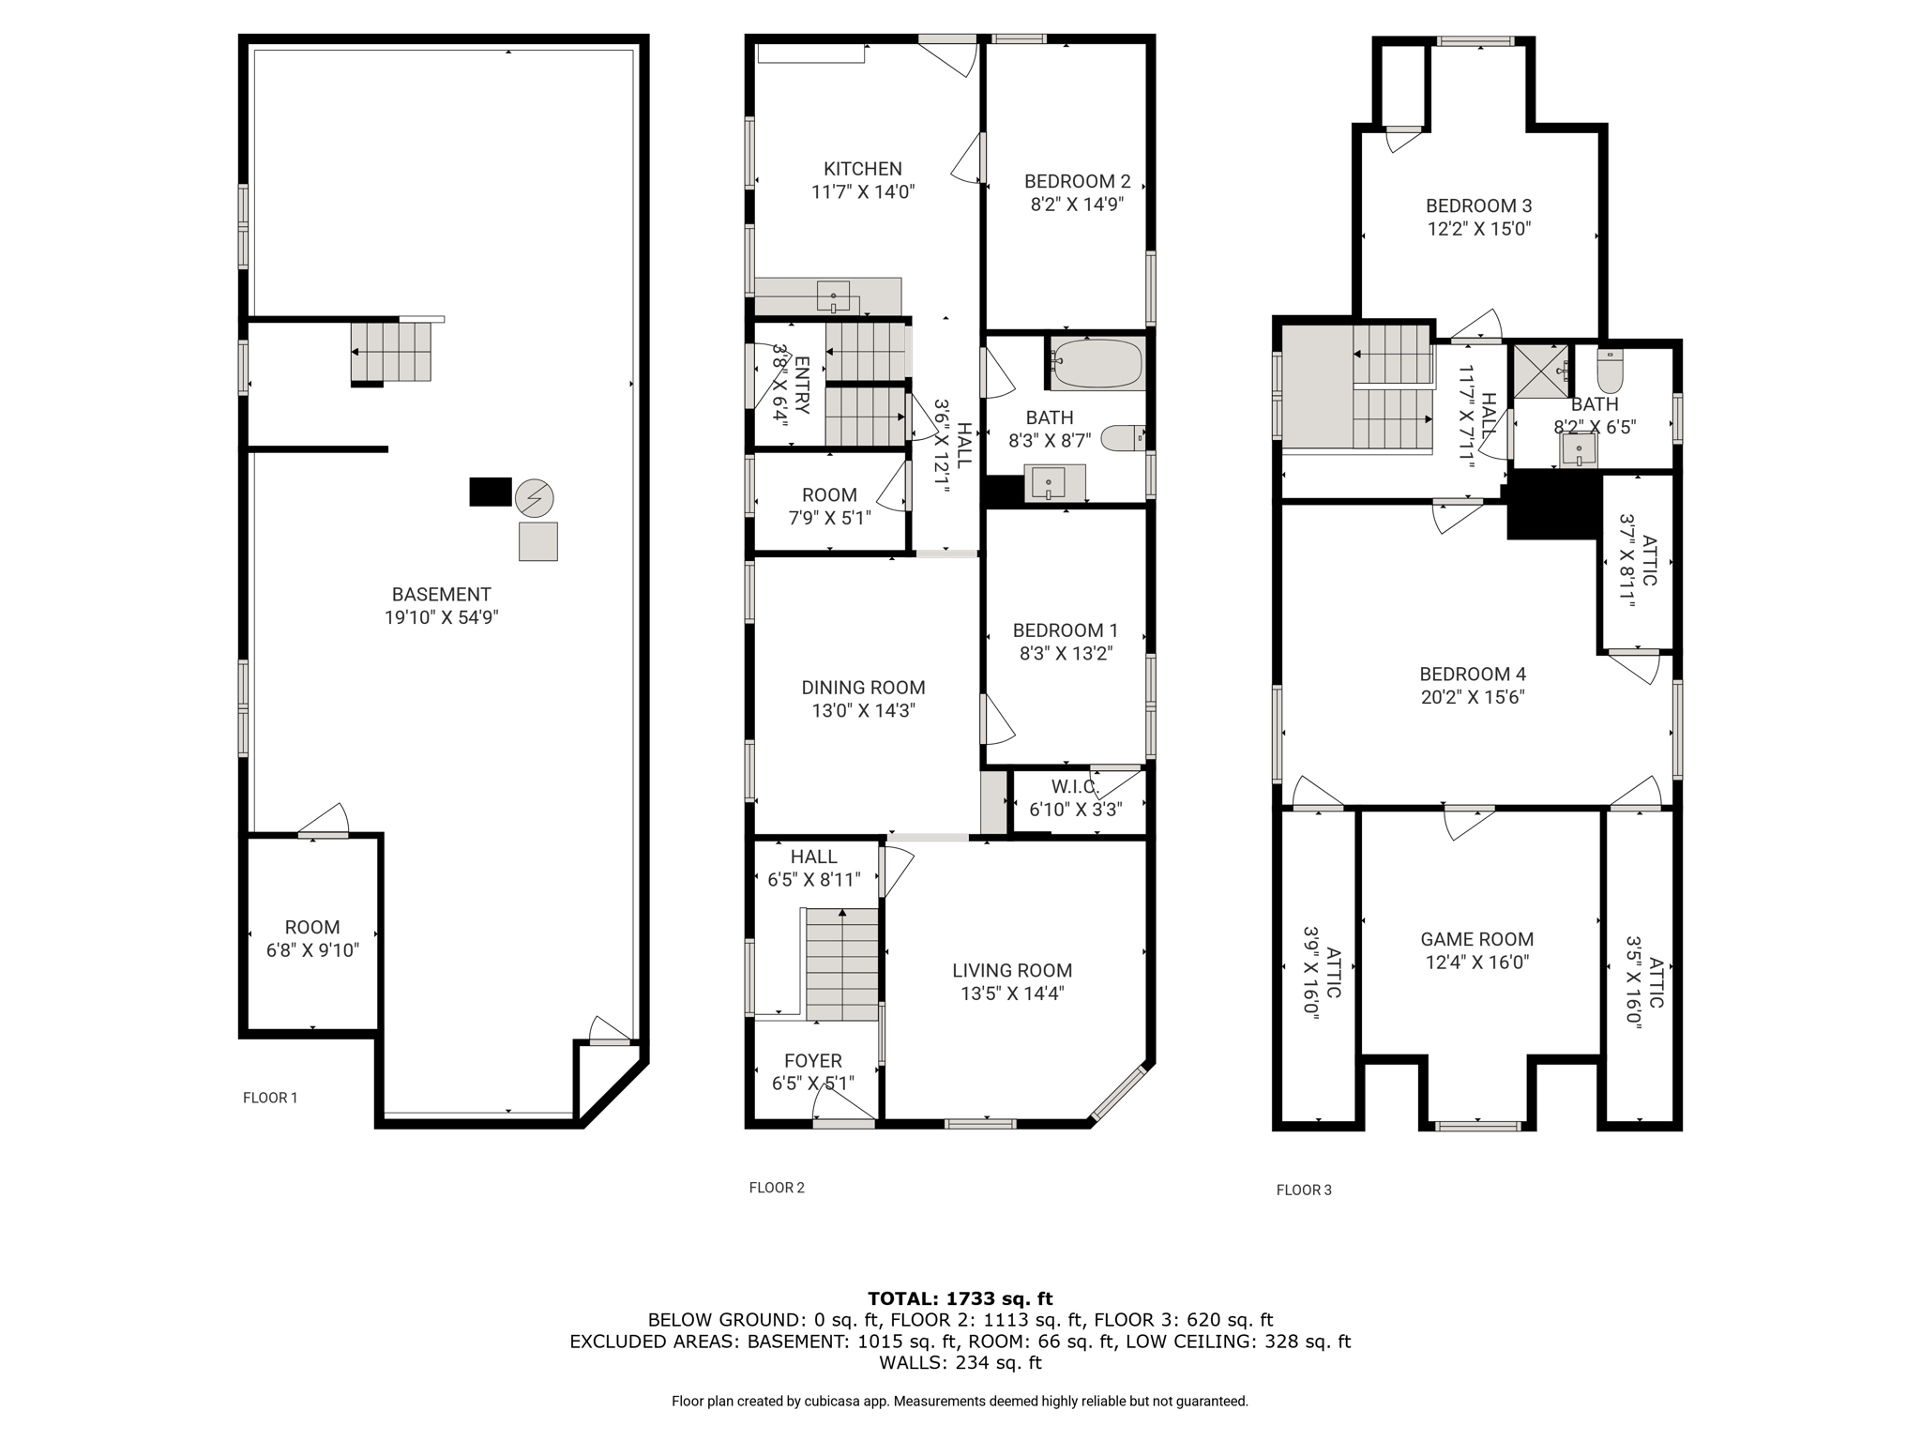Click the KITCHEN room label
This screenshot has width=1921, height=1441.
[x=862, y=169]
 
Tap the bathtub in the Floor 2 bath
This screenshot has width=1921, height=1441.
[x=1097, y=364]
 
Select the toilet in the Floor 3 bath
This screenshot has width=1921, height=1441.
[x=1610, y=373]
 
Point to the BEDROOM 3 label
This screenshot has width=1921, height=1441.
[x=1478, y=205]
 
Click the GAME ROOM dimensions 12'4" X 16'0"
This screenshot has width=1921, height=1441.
[x=1477, y=963]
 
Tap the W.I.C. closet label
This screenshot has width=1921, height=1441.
[x=1075, y=786]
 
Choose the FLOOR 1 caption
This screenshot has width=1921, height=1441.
[x=270, y=1098]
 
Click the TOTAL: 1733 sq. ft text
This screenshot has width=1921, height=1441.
[x=960, y=1298]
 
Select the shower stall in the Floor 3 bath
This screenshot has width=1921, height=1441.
[x=1541, y=372]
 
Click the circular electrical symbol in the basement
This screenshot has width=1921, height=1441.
[x=535, y=497]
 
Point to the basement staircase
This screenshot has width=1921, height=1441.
[x=391, y=351]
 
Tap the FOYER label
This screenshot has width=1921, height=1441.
[x=812, y=1060]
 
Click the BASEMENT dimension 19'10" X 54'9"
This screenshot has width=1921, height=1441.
[x=441, y=617]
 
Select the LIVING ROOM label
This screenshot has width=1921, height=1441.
[x=1011, y=970]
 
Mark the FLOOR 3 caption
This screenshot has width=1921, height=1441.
[x=1304, y=1190]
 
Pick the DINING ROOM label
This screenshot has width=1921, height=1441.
[x=863, y=687]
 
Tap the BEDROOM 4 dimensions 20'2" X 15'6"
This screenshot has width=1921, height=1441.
[x=1473, y=697]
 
